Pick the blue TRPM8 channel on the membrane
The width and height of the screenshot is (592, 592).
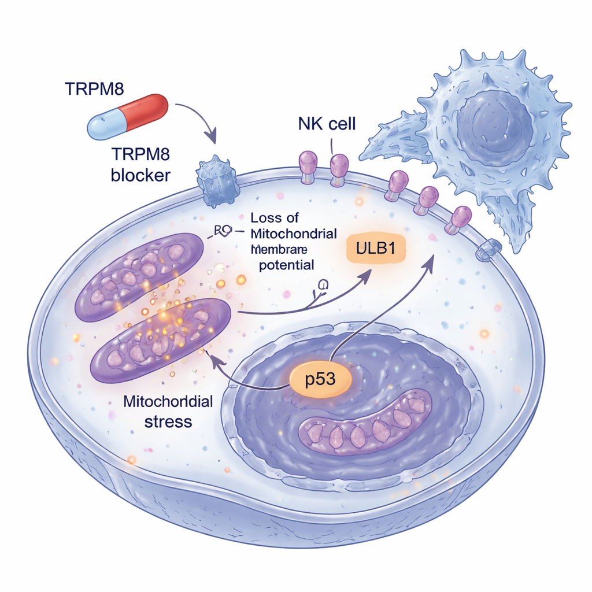(218, 180)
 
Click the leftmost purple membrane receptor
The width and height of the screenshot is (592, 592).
(308, 163)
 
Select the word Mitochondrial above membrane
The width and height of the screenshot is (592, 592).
(294, 234)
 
